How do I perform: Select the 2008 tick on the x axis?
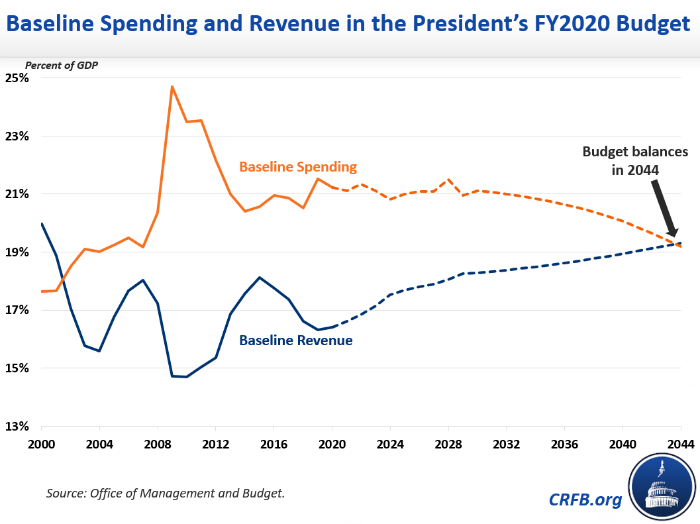[157, 445]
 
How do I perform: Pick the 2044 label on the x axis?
[679, 445]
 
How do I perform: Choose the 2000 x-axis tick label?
[41, 445]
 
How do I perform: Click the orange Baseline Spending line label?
[298, 166]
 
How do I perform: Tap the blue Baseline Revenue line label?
[295, 341]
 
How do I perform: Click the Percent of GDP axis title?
[62, 65]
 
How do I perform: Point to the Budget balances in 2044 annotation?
[635, 160]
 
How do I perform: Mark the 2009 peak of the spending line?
[172, 86]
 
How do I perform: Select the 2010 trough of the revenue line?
[187, 377]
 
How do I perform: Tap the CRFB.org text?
[585, 499]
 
